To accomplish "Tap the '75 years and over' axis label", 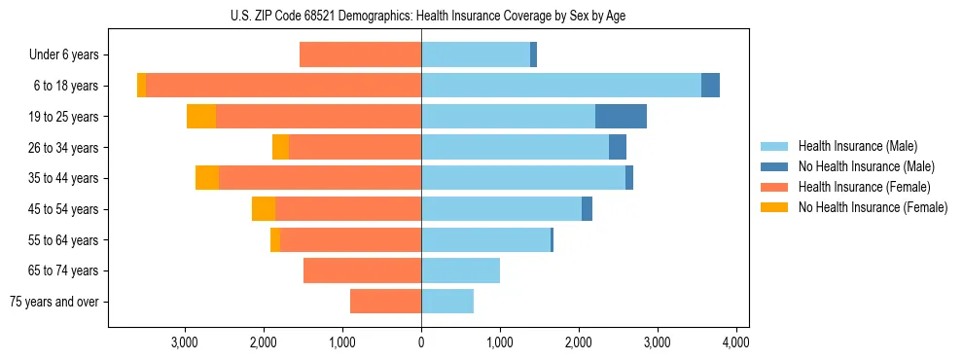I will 54,302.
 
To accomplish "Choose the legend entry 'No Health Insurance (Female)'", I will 873,207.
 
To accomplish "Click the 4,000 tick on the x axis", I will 735,342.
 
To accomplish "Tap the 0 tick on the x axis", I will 421,342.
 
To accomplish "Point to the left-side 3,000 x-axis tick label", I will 185,342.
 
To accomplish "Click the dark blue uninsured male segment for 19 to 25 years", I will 621,117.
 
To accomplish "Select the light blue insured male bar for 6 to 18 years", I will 560,86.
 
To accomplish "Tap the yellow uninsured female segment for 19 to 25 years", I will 201,117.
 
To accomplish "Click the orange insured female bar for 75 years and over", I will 385,302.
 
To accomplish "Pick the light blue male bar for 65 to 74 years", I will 460,270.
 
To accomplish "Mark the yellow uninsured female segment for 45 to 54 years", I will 264,209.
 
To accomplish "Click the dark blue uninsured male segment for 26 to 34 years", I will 618,147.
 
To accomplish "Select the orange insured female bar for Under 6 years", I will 360,55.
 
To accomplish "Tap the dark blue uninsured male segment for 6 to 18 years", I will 710,86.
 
